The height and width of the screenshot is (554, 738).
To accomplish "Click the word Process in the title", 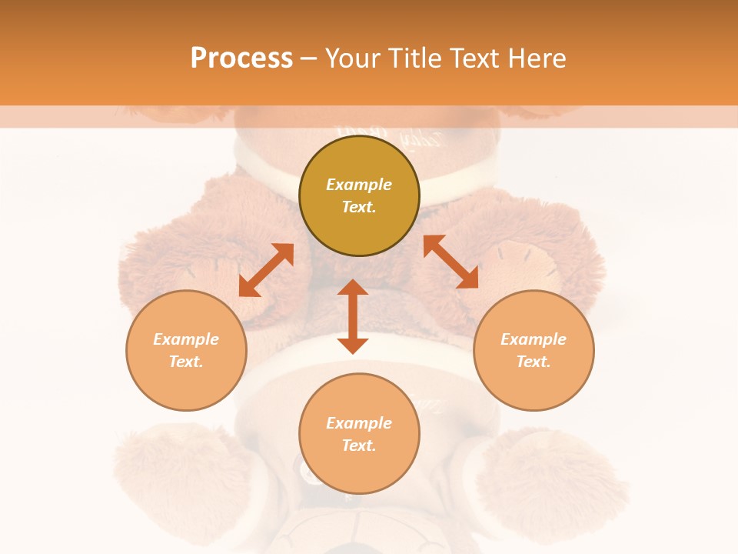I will [x=241, y=58].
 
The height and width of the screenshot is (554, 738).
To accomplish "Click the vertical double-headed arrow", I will [x=353, y=316].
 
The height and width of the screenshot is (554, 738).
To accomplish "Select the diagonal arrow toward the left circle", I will [x=266, y=269].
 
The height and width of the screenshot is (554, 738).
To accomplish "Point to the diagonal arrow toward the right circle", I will [x=450, y=262].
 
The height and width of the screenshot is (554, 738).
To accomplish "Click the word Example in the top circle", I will [x=359, y=185].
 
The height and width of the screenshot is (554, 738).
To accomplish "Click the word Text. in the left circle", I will [x=186, y=362].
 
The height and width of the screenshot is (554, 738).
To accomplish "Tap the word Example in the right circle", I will [x=534, y=339].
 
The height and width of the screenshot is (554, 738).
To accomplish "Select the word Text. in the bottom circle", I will [x=359, y=446].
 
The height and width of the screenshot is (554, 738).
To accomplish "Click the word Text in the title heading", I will [x=473, y=58].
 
